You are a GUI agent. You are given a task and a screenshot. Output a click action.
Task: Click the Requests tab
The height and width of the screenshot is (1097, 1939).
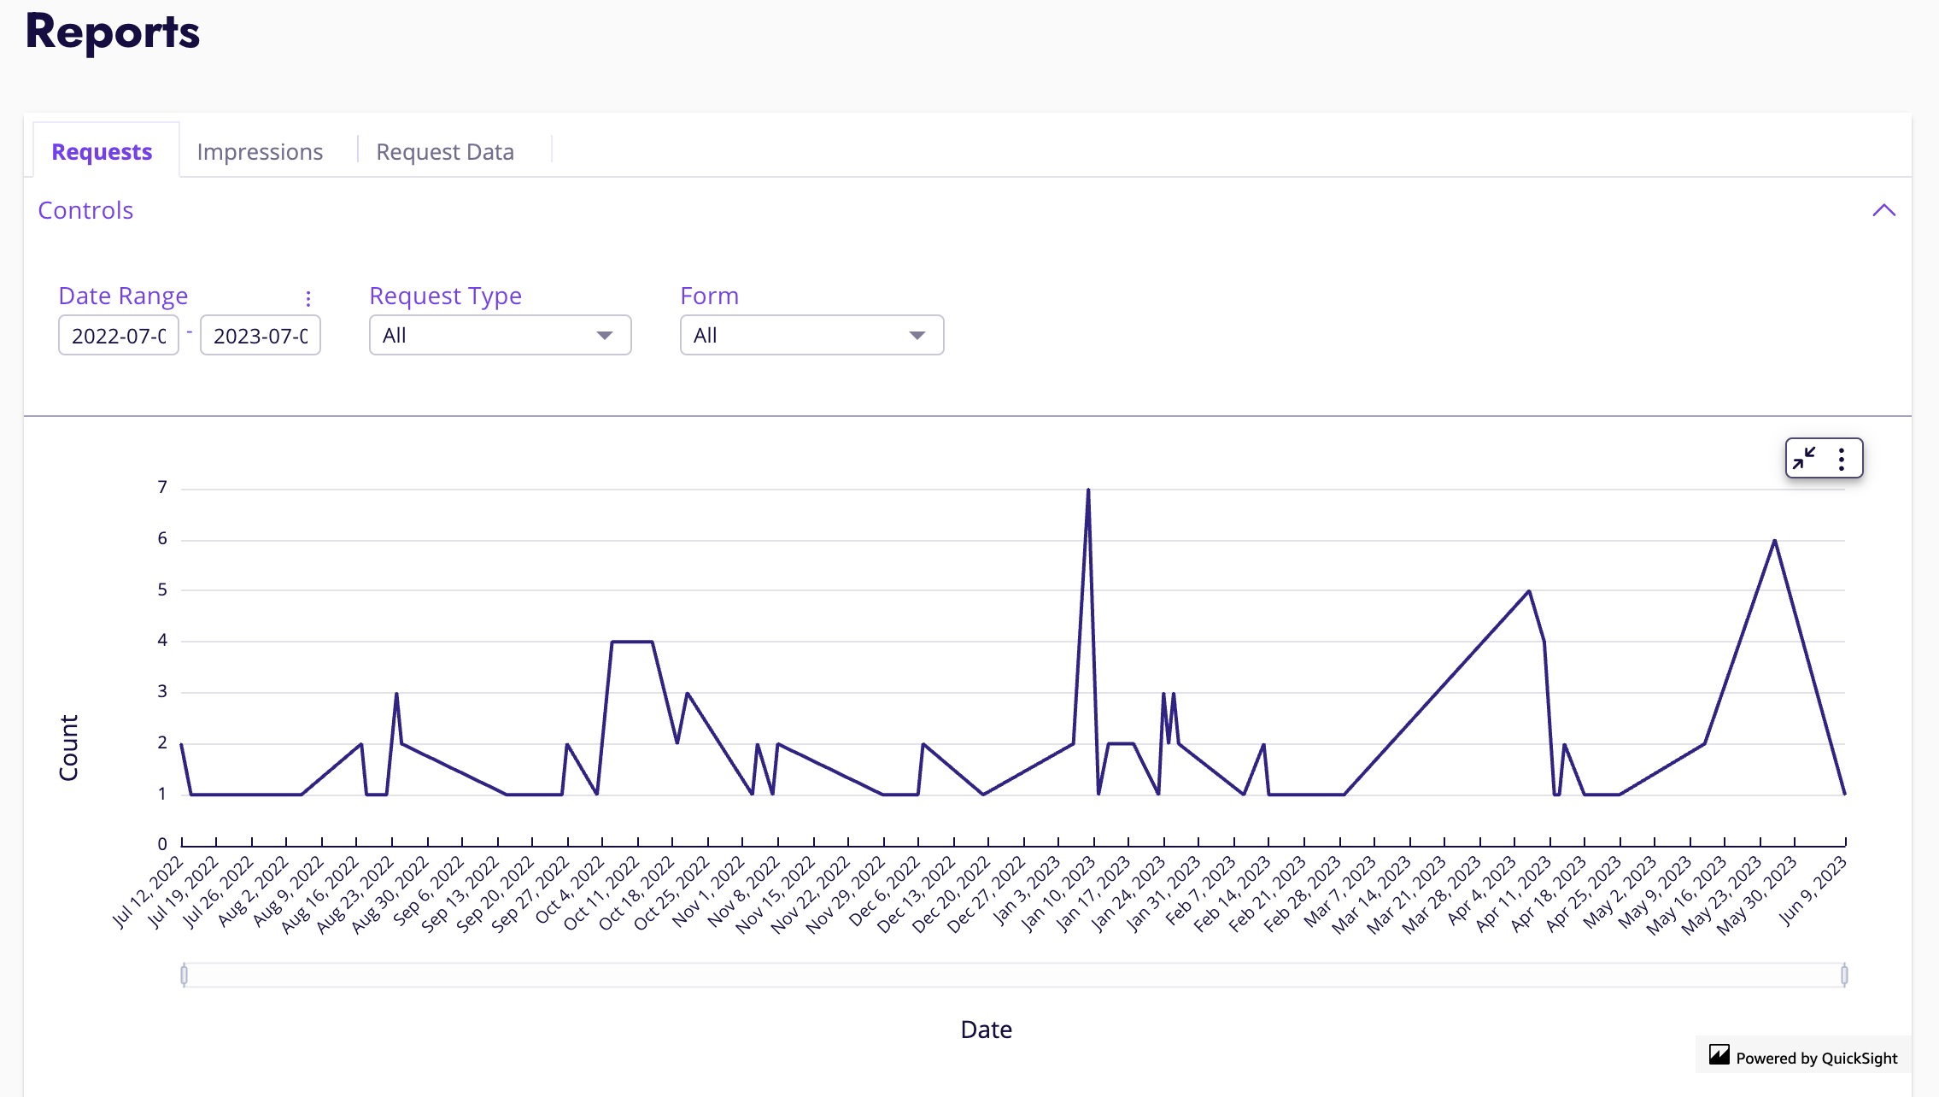[x=102, y=152]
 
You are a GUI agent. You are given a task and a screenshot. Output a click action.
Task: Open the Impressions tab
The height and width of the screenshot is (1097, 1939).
[x=260, y=152]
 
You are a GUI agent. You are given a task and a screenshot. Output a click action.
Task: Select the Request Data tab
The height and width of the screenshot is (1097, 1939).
[x=445, y=152]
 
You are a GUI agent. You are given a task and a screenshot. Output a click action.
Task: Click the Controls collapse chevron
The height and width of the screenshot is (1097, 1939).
[x=1883, y=210]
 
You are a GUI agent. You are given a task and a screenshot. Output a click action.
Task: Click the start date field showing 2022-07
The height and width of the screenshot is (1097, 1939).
[x=119, y=336]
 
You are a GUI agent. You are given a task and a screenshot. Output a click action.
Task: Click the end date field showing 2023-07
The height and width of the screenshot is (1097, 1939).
[x=261, y=336]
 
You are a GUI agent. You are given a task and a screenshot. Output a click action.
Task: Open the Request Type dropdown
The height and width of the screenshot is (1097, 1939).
[x=500, y=336]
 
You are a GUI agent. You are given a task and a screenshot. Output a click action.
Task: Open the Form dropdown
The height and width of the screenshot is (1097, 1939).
[x=811, y=336]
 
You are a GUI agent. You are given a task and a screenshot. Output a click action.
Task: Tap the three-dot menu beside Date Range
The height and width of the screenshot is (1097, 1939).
[x=308, y=298]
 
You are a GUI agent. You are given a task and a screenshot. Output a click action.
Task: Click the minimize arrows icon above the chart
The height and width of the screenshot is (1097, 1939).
[x=1804, y=459]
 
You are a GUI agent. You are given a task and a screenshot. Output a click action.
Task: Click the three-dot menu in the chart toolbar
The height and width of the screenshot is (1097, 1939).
[x=1842, y=459]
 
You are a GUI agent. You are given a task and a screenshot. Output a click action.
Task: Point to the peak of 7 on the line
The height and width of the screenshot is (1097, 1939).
[x=1088, y=490]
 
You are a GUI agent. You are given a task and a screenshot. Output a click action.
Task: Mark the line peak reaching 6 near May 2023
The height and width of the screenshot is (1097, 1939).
[x=1774, y=541]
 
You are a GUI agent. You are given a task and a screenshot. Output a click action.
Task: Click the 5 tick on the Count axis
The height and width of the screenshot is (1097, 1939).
[x=162, y=590]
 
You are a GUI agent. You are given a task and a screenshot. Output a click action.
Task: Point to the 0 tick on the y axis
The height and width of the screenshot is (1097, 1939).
[x=162, y=844]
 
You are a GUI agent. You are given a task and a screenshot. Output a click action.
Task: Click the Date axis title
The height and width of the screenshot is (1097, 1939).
[x=986, y=1030]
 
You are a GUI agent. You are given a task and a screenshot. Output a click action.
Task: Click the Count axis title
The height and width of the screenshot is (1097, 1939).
[x=68, y=748]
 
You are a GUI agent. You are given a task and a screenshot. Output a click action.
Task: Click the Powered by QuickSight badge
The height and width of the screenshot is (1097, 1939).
[x=1803, y=1058]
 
